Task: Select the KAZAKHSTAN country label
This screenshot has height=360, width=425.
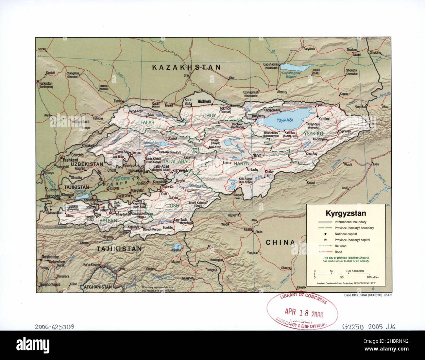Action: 187,67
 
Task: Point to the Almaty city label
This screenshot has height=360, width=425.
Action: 282,92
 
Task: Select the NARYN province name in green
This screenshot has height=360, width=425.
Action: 241,163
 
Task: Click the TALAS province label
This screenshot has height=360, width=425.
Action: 147,122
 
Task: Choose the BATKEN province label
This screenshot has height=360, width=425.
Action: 108,221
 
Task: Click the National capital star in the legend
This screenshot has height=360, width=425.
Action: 326,234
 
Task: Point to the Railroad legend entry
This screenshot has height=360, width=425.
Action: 340,246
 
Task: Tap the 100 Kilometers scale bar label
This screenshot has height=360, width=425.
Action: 355,271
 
